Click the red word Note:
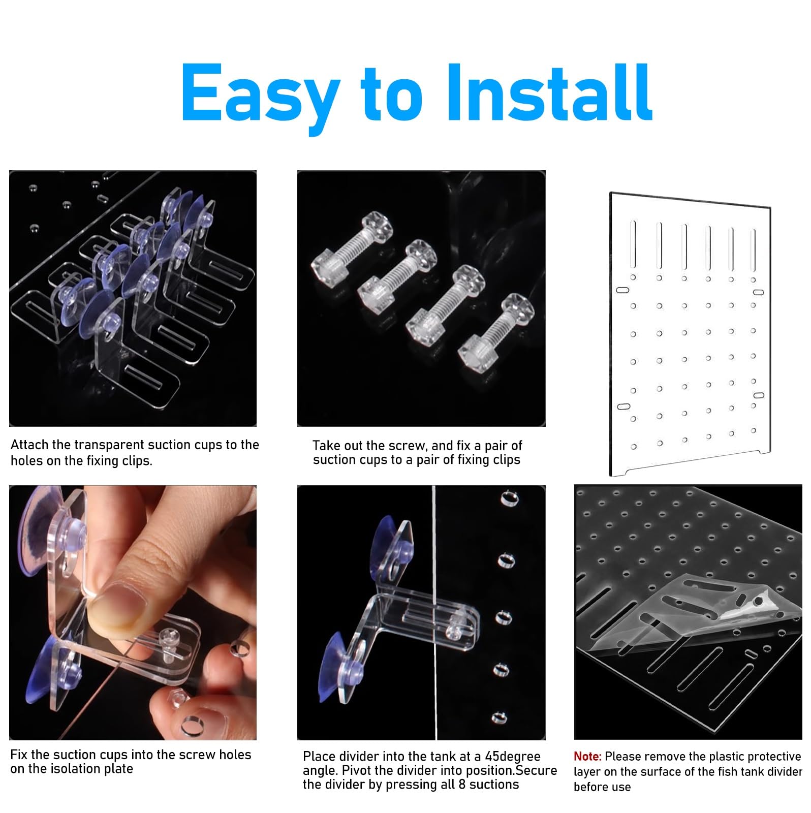point(587,757)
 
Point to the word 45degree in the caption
point(513,757)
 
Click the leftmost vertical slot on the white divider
point(633,243)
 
